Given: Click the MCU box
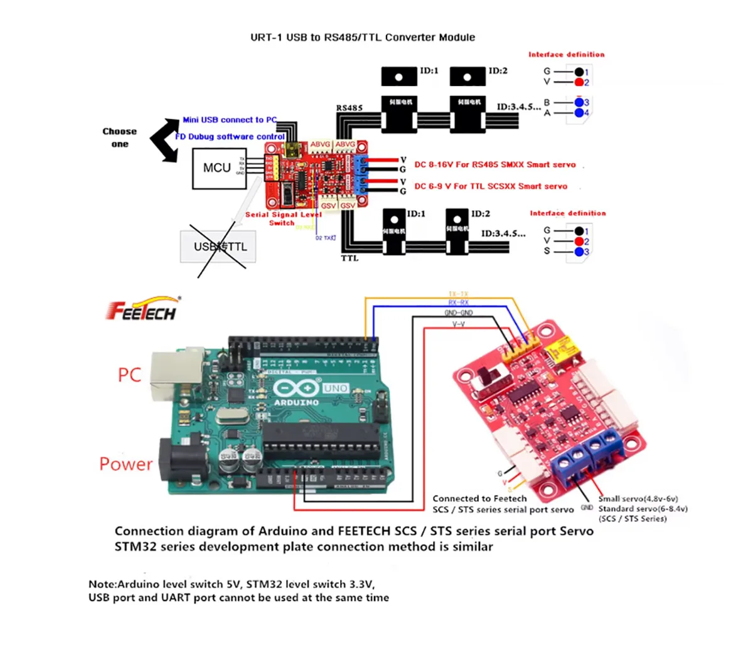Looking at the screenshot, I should tap(217, 168).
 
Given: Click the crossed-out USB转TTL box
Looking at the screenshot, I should tap(220, 247).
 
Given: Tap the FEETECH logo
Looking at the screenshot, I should tap(142, 309).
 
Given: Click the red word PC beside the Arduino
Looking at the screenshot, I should tap(129, 375).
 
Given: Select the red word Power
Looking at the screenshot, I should tap(125, 464).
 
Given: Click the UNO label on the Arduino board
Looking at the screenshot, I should tap(336, 388).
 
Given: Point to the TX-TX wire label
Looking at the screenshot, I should tap(459, 294).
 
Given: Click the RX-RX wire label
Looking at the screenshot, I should tap(459, 302).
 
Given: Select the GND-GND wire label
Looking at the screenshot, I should tap(459, 312).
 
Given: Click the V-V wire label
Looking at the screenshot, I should tap(459, 324).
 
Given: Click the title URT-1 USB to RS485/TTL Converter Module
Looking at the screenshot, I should tap(363, 37).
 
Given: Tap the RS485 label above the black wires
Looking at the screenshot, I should tap(349, 108).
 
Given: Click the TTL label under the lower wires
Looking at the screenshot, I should tap(350, 258).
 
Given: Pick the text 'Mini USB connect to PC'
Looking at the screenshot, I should tap(230, 119).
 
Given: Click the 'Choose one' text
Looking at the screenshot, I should tap(119, 137).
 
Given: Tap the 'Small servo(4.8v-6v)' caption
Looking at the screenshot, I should tap(638, 499).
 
